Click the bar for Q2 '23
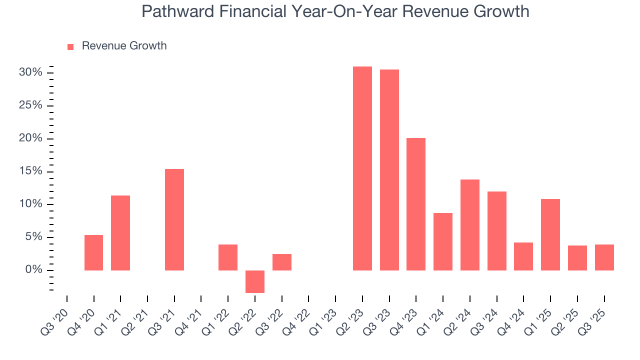point(362,168)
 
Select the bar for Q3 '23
point(389,170)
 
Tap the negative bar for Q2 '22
point(254,281)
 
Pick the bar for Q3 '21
point(174,219)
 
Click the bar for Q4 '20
point(93,252)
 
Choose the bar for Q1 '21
point(120,233)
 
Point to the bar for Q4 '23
point(416,204)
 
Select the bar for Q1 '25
point(550,234)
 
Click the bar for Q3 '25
point(604,257)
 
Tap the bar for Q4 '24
point(523,256)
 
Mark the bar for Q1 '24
point(443,241)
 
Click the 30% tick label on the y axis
point(30,72)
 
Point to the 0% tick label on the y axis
point(33,270)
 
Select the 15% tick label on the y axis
point(30,171)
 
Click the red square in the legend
point(70,46)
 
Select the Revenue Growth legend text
point(124,46)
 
